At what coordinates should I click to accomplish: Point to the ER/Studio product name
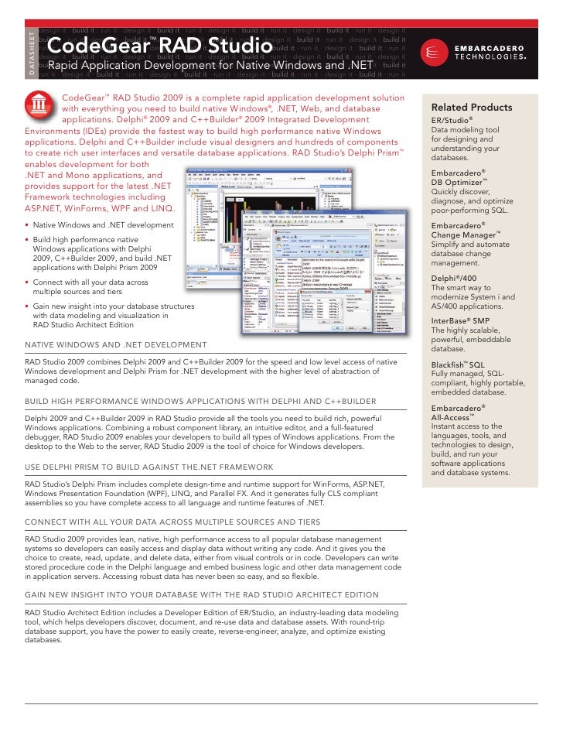click(452, 121)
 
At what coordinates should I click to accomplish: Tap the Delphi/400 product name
click(454, 278)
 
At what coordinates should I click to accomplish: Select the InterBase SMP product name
click(459, 321)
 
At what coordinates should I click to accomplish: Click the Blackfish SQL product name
click(458, 364)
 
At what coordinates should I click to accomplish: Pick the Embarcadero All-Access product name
click(459, 412)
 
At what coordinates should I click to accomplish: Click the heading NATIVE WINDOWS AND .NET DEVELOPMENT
click(116, 344)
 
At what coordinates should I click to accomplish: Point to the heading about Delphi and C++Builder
click(200, 402)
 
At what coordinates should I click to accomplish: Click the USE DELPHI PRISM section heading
click(148, 467)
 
